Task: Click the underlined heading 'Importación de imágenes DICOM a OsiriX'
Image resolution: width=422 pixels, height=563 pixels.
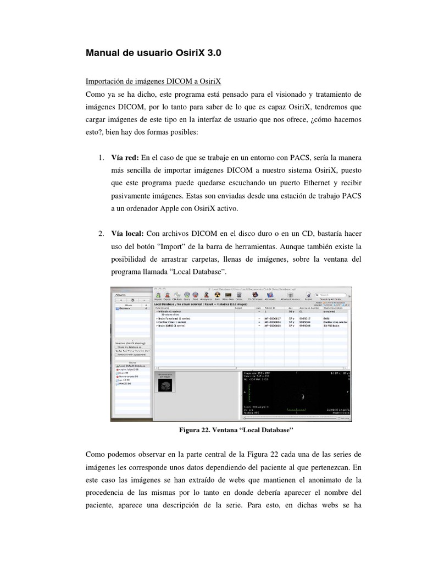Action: point(153,81)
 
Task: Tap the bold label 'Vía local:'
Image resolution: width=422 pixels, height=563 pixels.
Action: point(127,234)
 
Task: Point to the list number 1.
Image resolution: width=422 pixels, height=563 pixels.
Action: point(102,158)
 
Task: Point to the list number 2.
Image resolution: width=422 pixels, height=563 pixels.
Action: point(102,234)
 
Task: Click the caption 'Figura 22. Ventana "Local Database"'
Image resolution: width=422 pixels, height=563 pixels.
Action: point(237,432)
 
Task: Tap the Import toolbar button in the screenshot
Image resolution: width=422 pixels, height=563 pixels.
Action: point(158,296)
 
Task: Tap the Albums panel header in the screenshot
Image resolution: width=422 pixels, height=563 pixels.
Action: point(121,294)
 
